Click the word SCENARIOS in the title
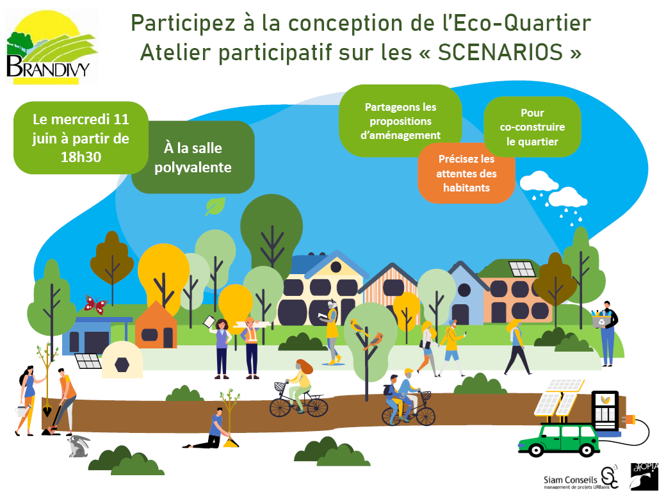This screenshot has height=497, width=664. [x=500, y=53]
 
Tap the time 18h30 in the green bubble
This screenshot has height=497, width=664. [x=81, y=157]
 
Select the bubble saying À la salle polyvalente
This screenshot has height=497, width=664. [x=193, y=157]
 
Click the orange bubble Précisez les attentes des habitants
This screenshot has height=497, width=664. [x=466, y=174]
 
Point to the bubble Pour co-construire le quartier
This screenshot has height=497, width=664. [x=532, y=127]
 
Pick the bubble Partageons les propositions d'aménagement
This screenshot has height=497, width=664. [x=400, y=121]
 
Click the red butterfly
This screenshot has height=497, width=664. [x=95, y=304]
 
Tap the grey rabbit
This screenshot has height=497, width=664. [x=78, y=446]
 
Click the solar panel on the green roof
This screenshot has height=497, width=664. [x=522, y=268]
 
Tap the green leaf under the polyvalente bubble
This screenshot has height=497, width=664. [x=215, y=206]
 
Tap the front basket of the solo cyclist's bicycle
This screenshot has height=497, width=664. [x=279, y=386]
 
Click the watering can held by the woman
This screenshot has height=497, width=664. [x=20, y=410]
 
